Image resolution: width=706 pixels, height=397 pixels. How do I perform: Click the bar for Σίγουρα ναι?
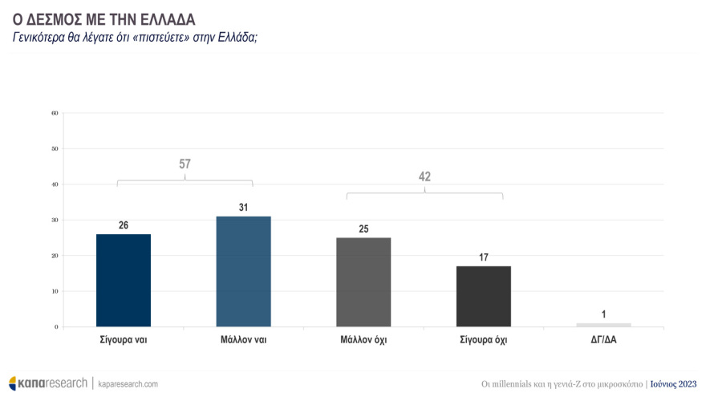(x=123, y=280)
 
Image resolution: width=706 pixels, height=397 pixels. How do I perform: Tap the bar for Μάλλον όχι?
(x=363, y=282)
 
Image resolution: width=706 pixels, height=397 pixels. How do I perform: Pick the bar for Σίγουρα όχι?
(x=483, y=296)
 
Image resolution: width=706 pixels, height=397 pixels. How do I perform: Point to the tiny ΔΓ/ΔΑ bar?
(x=603, y=325)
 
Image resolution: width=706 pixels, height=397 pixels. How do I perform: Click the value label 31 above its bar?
(x=243, y=208)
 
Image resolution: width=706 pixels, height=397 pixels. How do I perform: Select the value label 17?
(x=483, y=257)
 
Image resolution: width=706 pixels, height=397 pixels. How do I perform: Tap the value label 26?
(x=123, y=225)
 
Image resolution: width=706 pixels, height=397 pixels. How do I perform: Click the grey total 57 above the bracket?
(x=185, y=164)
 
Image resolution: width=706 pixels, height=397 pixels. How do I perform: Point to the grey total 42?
(x=424, y=176)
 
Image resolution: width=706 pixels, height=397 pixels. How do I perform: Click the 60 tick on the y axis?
(x=55, y=113)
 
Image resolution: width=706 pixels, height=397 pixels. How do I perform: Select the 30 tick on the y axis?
(x=55, y=220)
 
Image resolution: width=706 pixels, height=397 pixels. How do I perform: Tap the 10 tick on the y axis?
(x=55, y=291)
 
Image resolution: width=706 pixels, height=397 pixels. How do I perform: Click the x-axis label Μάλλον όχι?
(x=363, y=339)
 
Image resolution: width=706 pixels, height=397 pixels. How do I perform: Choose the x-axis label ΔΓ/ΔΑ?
(x=603, y=339)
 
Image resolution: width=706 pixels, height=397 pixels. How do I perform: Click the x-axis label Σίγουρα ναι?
(x=123, y=339)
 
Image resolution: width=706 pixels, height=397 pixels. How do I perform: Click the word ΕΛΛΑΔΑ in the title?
(x=164, y=17)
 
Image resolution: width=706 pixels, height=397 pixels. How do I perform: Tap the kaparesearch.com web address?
(x=128, y=384)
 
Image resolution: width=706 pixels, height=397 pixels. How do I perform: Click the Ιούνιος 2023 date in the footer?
(x=673, y=383)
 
